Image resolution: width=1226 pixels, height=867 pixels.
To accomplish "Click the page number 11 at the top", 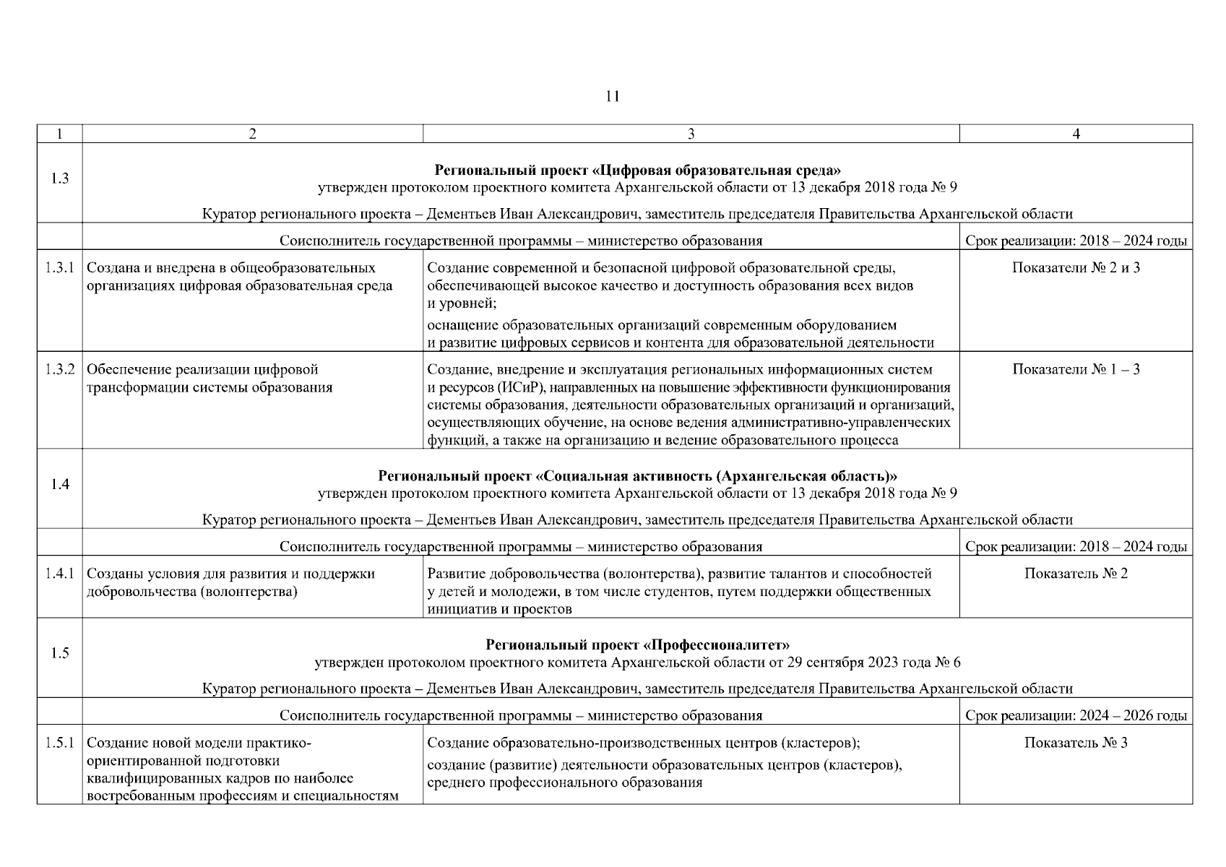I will [x=612, y=96].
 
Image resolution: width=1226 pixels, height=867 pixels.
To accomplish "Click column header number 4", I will [x=1076, y=134].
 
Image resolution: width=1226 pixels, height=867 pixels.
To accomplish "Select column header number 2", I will [x=252, y=134].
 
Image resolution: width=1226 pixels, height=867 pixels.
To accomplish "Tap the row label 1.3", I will [x=60, y=178].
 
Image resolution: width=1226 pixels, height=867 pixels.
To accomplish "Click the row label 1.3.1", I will [x=60, y=268].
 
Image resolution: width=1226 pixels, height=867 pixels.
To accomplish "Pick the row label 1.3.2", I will [x=60, y=369].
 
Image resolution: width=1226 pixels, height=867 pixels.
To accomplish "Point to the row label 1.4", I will [x=60, y=484].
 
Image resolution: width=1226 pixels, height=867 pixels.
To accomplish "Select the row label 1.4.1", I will [x=60, y=574].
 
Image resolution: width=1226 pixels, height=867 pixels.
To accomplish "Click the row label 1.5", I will [x=60, y=653].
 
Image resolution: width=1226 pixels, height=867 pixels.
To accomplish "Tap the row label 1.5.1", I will [x=60, y=743].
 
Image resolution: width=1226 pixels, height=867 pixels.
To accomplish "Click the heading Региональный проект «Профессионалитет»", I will [x=637, y=644].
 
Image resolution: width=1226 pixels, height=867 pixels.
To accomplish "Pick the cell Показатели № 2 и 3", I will [x=1076, y=268].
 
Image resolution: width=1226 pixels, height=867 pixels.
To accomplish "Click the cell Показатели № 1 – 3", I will [x=1076, y=369].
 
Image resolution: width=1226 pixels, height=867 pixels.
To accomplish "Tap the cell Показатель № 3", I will [x=1076, y=743].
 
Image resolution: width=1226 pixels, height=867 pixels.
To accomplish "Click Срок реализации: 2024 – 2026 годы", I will [x=1076, y=716].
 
